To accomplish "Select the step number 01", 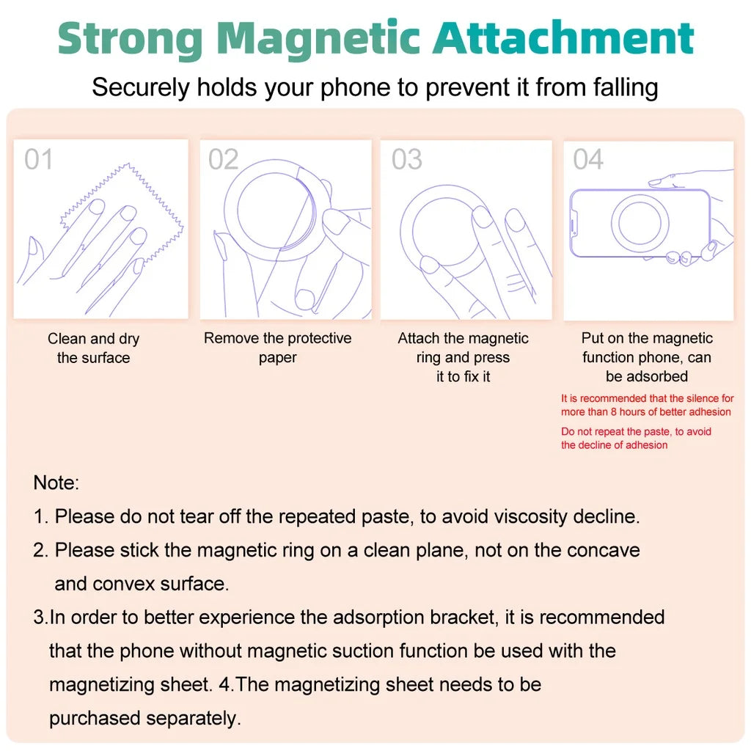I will tap(38, 159).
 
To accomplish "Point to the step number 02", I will tap(224, 159).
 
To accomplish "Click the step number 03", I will tap(406, 159).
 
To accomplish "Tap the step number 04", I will tap(588, 159).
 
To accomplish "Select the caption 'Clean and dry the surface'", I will tap(93, 348).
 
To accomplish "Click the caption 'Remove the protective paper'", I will tap(277, 348).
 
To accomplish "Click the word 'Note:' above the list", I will tap(56, 483).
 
